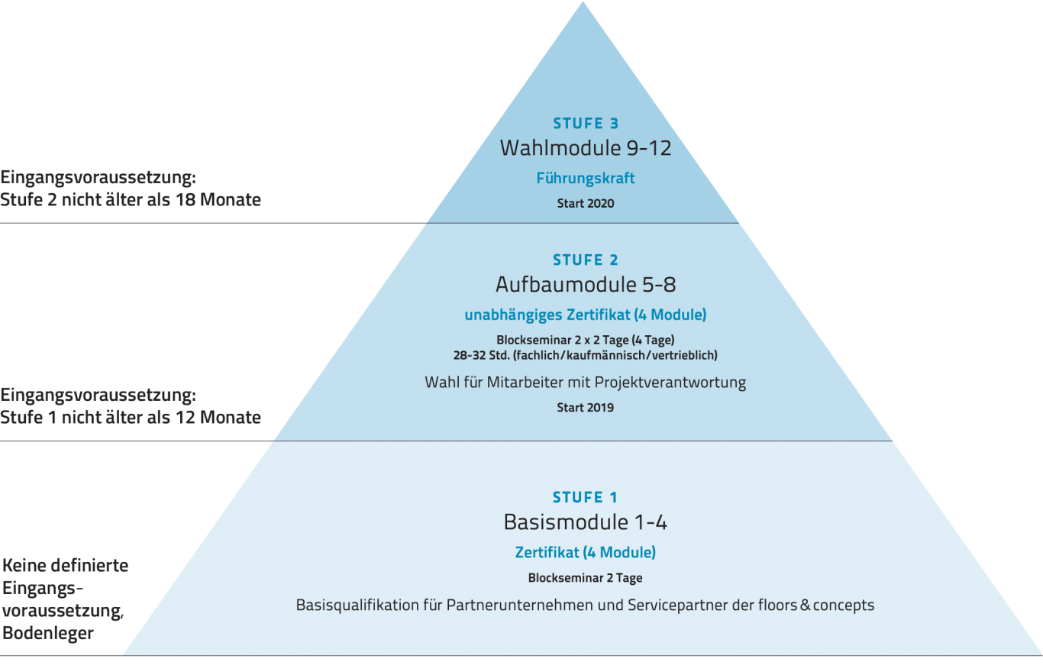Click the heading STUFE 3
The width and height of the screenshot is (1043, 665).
(x=585, y=123)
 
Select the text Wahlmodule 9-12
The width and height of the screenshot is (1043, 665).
(x=585, y=147)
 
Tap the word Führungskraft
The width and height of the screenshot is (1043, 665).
(x=585, y=179)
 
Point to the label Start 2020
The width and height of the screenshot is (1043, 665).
(x=585, y=203)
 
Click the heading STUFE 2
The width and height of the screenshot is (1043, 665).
(x=585, y=260)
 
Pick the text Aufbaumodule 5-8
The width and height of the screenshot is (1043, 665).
(x=585, y=285)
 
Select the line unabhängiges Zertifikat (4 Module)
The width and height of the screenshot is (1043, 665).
(x=585, y=315)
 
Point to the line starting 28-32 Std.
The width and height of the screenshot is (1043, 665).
(x=585, y=355)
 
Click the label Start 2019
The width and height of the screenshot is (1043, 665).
(x=585, y=408)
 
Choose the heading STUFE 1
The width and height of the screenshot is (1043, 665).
(x=585, y=498)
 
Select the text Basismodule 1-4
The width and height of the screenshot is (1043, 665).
(x=585, y=522)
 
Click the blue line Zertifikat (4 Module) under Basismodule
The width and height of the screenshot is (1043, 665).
(x=585, y=552)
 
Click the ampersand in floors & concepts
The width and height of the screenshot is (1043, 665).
(x=803, y=605)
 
